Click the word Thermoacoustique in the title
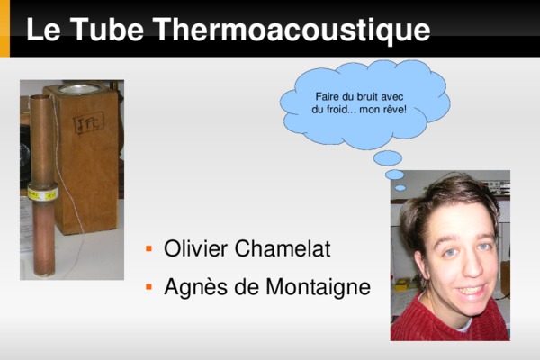(292, 31)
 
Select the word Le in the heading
(43, 29)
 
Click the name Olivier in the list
(195, 248)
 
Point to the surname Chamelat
(283, 248)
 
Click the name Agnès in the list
(195, 286)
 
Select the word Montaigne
(318, 286)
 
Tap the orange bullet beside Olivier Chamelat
(148, 248)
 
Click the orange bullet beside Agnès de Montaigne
(148, 286)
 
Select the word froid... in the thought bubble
(341, 110)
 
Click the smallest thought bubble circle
(400, 188)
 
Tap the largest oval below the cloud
(388, 158)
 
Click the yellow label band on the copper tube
(42, 194)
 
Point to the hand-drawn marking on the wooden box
(89, 123)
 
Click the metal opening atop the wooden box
(78, 89)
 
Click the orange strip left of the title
(4, 28)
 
